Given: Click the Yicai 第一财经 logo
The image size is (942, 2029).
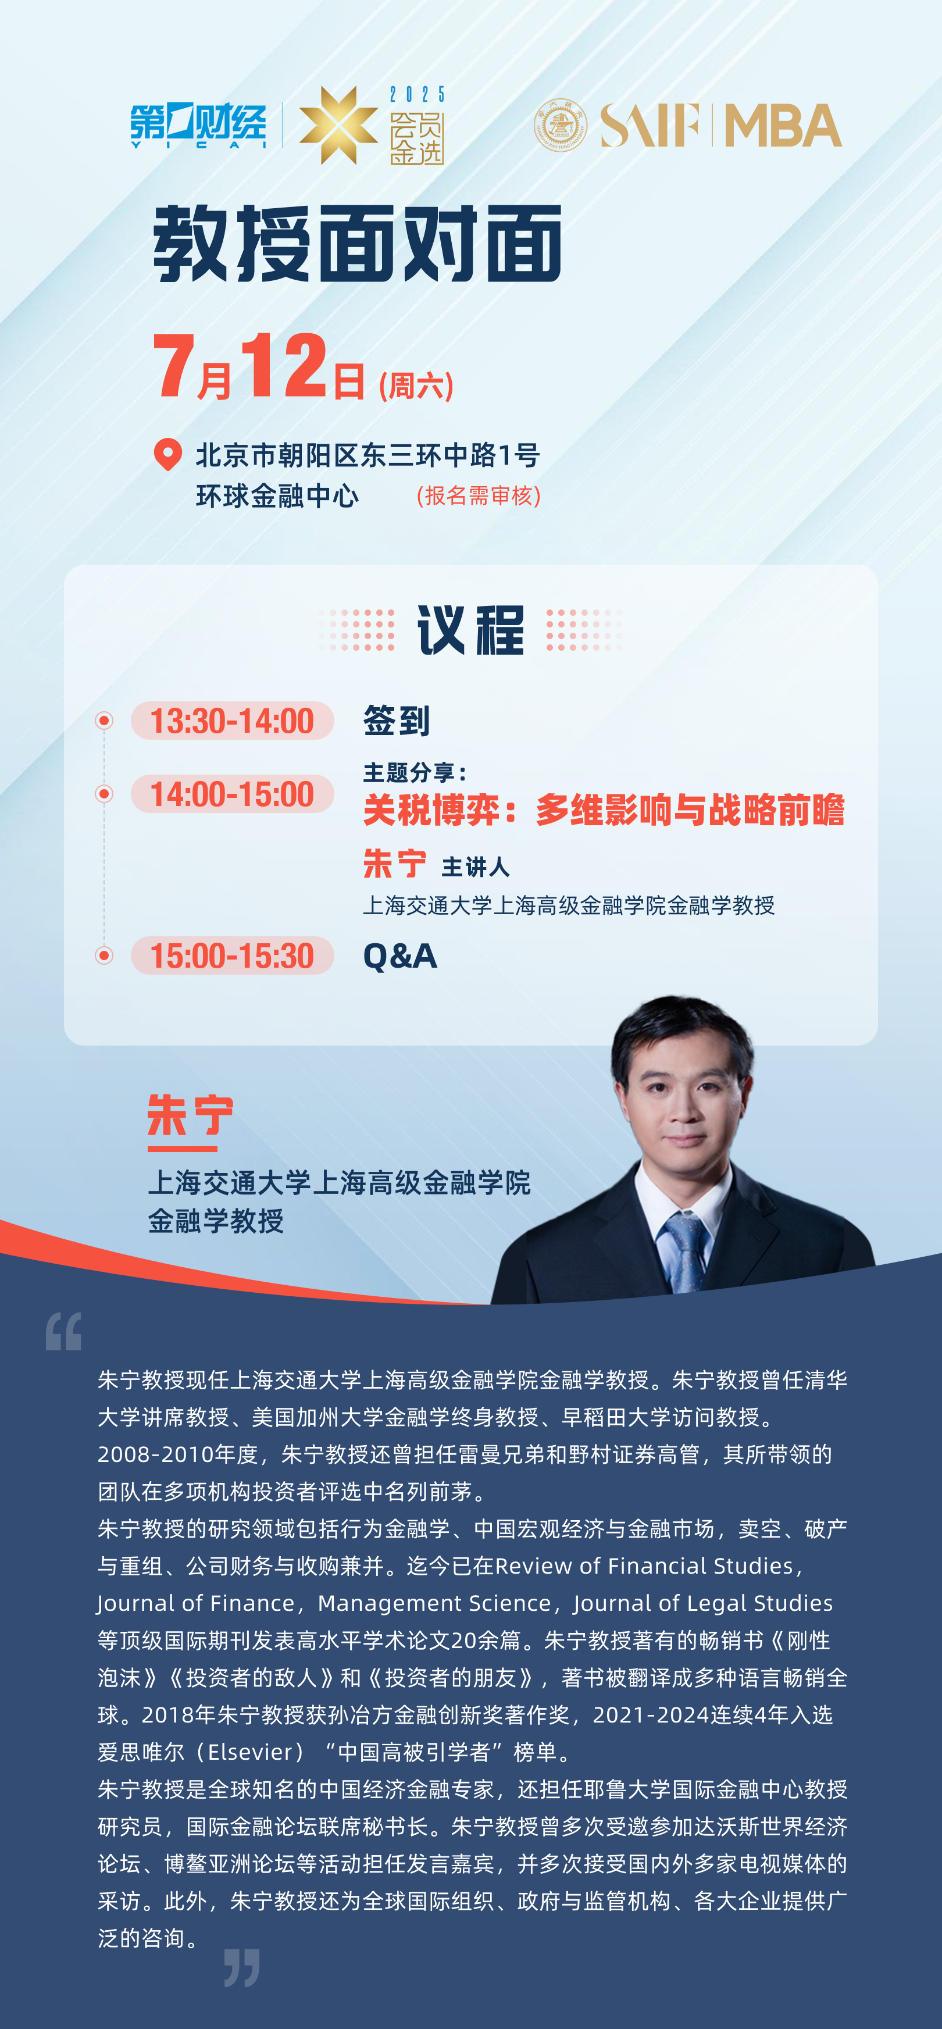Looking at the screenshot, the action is (198, 125).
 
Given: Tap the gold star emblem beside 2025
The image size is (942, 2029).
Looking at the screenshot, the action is (338, 125).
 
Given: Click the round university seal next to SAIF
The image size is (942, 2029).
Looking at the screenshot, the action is (560, 124).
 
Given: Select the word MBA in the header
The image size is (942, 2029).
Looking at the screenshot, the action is (782, 125).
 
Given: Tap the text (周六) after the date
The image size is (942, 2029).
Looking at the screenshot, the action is (416, 386).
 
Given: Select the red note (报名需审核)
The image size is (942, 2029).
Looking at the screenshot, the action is (478, 495).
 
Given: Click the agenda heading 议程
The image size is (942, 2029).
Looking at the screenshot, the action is (470, 630).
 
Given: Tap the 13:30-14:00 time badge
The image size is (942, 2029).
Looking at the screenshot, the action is (233, 721).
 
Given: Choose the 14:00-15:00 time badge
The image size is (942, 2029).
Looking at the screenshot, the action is (233, 794).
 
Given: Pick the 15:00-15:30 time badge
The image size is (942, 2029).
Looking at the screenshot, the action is (233, 955).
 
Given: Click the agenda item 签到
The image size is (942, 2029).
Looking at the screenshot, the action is (396, 721).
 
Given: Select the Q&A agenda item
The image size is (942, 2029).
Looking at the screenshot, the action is (400, 956).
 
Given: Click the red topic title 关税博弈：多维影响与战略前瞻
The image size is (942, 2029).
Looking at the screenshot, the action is (604, 810).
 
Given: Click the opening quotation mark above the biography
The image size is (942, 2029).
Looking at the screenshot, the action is (63, 1331).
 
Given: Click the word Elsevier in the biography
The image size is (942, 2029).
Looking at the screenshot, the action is (251, 1752).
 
